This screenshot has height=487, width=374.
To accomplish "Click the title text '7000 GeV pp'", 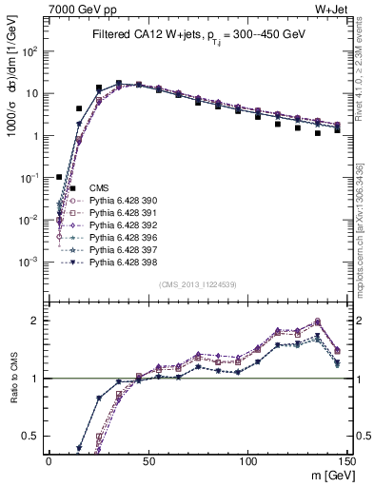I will pyautogui.click(x=63, y=10).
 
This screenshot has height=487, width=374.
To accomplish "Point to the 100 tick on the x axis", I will pyautogui.click(x=247, y=459).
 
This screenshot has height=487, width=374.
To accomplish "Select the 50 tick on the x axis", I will pyautogui.click(x=148, y=459).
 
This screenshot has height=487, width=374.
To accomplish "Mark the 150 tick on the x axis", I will pyautogui.click(x=346, y=459).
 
